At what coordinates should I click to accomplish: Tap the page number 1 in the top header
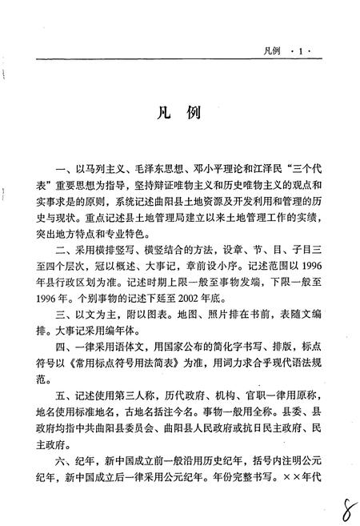coord(301,50)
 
